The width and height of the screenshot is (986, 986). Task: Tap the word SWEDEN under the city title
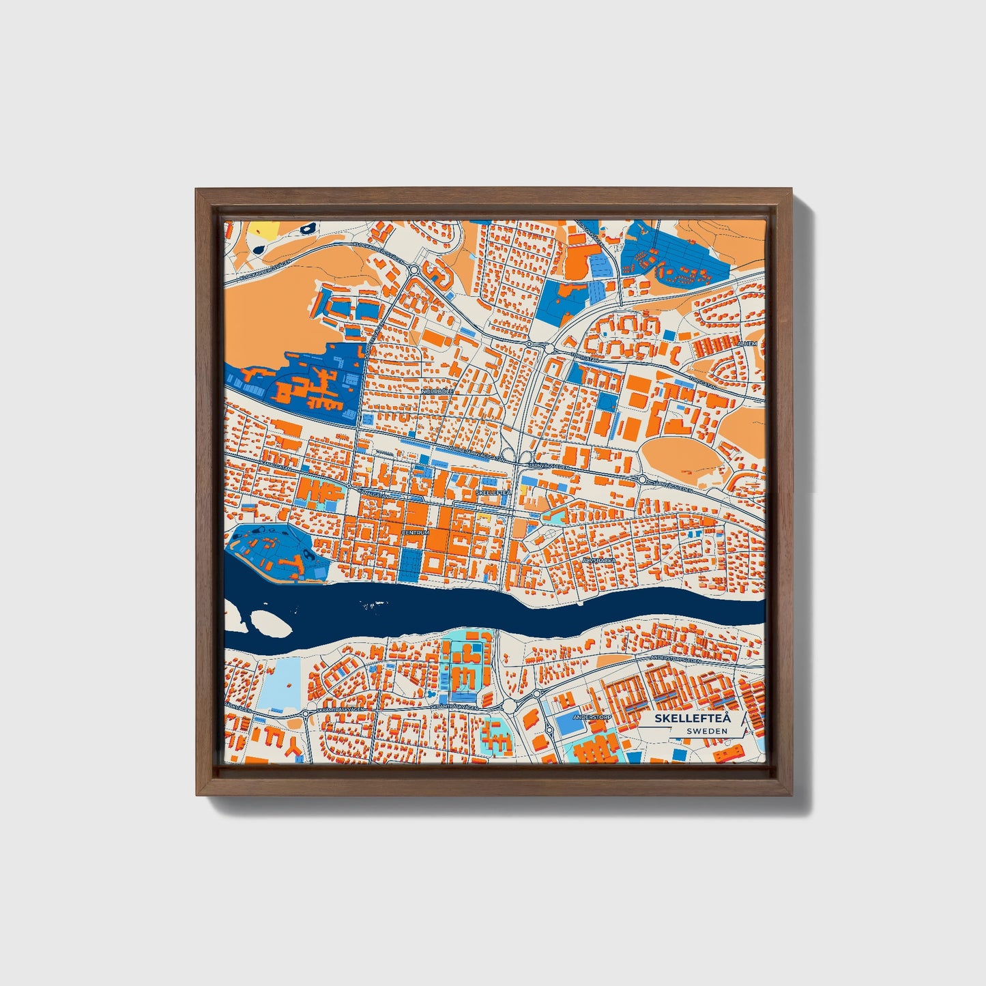[x=707, y=731]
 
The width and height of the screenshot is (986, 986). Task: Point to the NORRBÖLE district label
[x=437, y=392]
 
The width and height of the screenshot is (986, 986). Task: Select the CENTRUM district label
[x=416, y=532]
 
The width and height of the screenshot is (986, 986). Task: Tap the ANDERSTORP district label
[x=590, y=718]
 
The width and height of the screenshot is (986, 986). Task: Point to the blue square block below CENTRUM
[x=411, y=562]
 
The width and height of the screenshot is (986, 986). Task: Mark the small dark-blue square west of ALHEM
[x=668, y=336]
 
